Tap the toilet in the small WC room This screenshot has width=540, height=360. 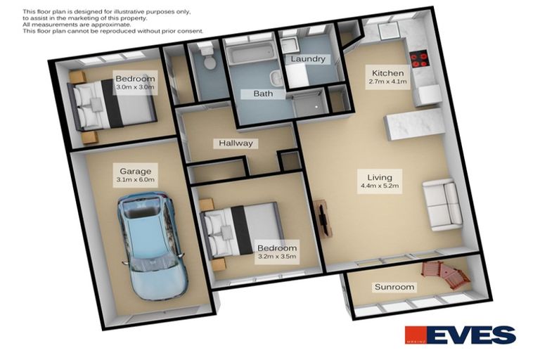tap(207, 58)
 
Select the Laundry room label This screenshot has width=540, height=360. tap(307, 59)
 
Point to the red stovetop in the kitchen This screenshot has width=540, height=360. tap(419, 58)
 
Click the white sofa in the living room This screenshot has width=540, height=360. tap(443, 205)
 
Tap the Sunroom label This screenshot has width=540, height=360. tap(394, 287)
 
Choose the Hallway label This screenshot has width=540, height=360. tap(236, 143)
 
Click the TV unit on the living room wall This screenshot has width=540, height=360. tap(323, 218)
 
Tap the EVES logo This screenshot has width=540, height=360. tap(460, 335)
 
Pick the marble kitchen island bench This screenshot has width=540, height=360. tap(414, 124)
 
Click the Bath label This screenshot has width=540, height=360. tap(263, 94)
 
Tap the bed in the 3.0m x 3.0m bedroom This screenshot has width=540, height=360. tap(112, 105)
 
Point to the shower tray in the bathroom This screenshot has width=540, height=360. tap(309, 105)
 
